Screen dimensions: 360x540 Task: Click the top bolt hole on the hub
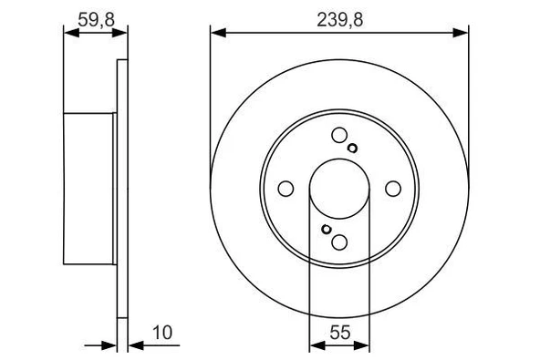(x=339, y=136)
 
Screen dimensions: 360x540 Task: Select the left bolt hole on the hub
(x=286, y=189)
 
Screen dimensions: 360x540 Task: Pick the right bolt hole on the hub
(x=393, y=189)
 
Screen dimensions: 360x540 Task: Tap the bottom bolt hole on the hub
(x=339, y=242)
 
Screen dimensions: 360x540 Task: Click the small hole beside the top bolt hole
(x=353, y=149)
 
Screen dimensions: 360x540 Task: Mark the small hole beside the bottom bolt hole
(x=326, y=229)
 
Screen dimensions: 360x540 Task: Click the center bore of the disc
(x=339, y=189)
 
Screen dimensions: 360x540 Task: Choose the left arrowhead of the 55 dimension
(x=316, y=345)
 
